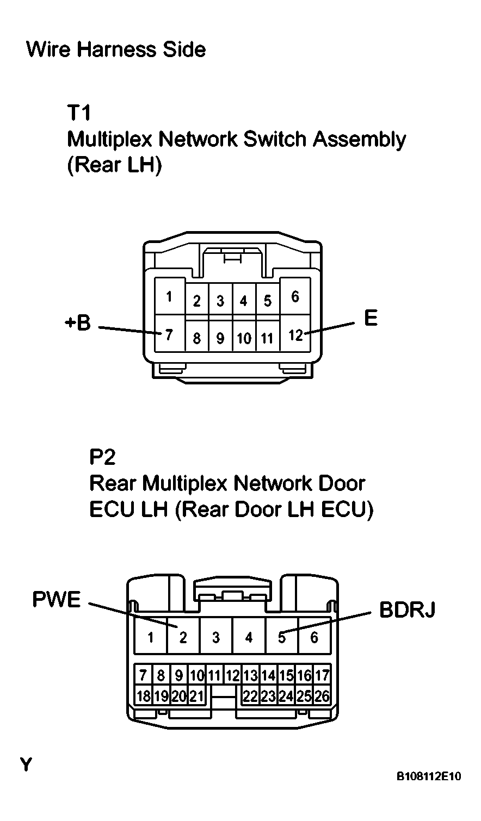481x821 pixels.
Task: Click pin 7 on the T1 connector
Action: (170, 333)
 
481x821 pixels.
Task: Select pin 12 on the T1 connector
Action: (295, 333)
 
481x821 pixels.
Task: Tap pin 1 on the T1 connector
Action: (170, 296)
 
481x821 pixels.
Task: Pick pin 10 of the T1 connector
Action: (244, 336)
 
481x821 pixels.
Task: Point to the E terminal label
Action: (371, 318)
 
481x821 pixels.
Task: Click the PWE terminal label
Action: (57, 599)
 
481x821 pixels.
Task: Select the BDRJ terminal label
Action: (407, 610)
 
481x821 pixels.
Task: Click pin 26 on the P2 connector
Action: (322, 695)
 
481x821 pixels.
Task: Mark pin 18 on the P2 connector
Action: (144, 695)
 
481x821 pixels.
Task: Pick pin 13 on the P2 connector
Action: (251, 675)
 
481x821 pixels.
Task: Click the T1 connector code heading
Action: (79, 113)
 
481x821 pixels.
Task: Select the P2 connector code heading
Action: (102, 457)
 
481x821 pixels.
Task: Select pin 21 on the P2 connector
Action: (196, 695)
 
